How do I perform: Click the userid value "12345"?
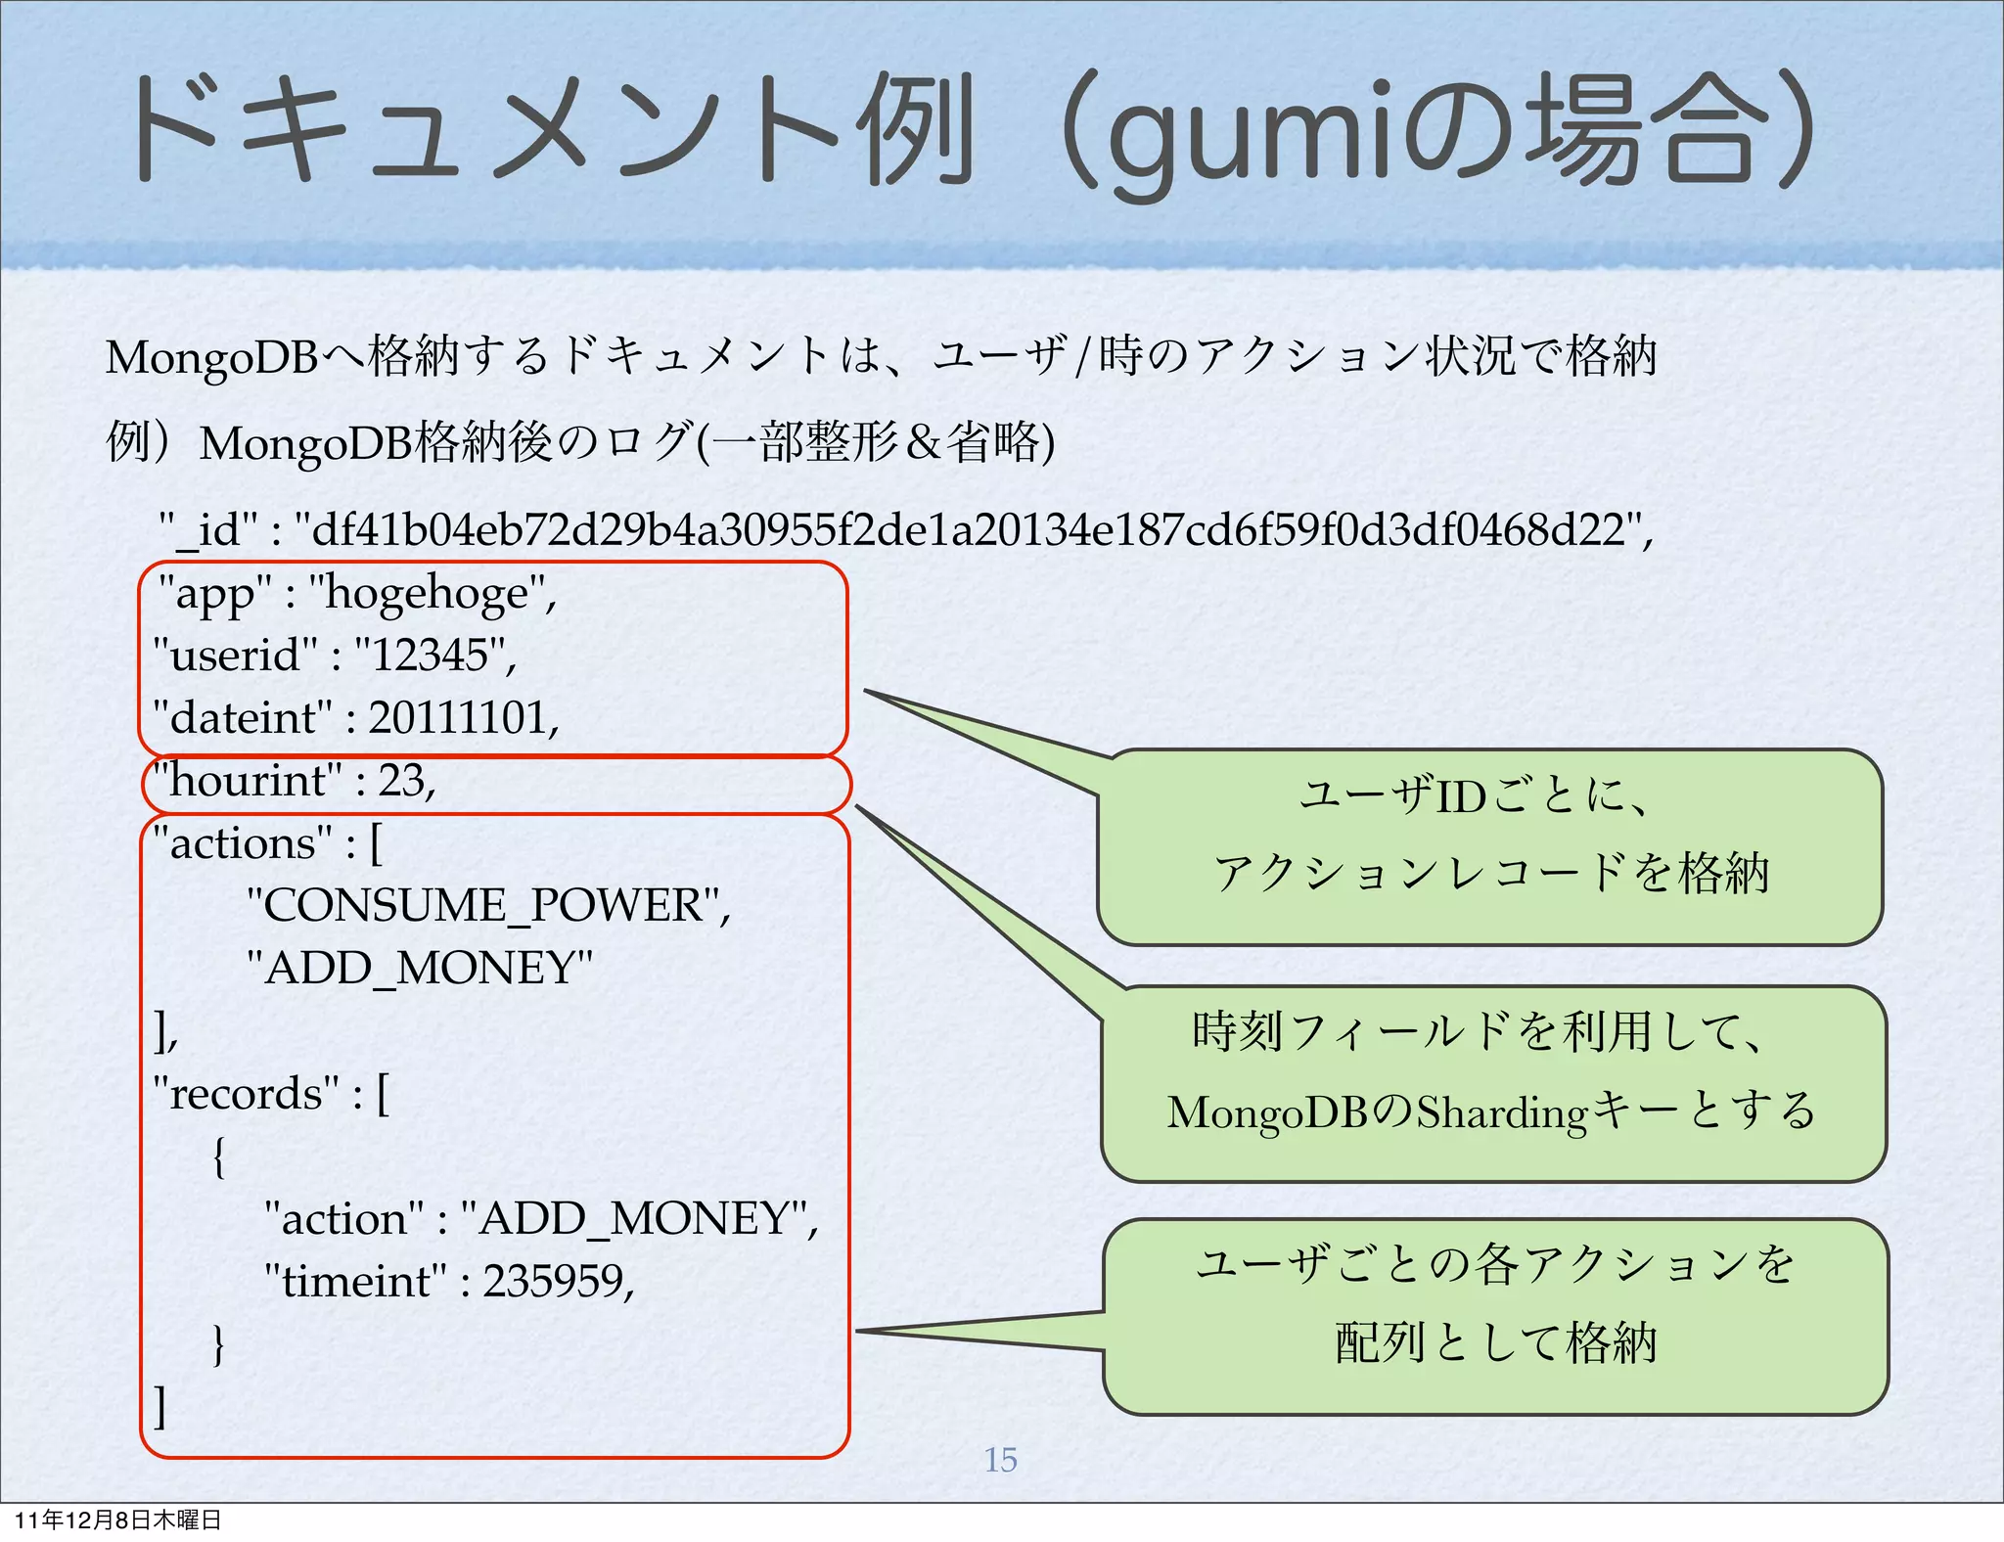tap(431, 656)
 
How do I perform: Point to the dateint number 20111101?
tap(457, 718)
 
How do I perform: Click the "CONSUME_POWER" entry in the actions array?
tap(483, 906)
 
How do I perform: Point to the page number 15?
tap(1000, 1460)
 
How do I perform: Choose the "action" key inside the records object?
tap(344, 1219)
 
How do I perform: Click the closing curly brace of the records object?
tap(219, 1344)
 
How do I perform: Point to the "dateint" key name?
tap(244, 718)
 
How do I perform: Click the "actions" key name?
tap(244, 843)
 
